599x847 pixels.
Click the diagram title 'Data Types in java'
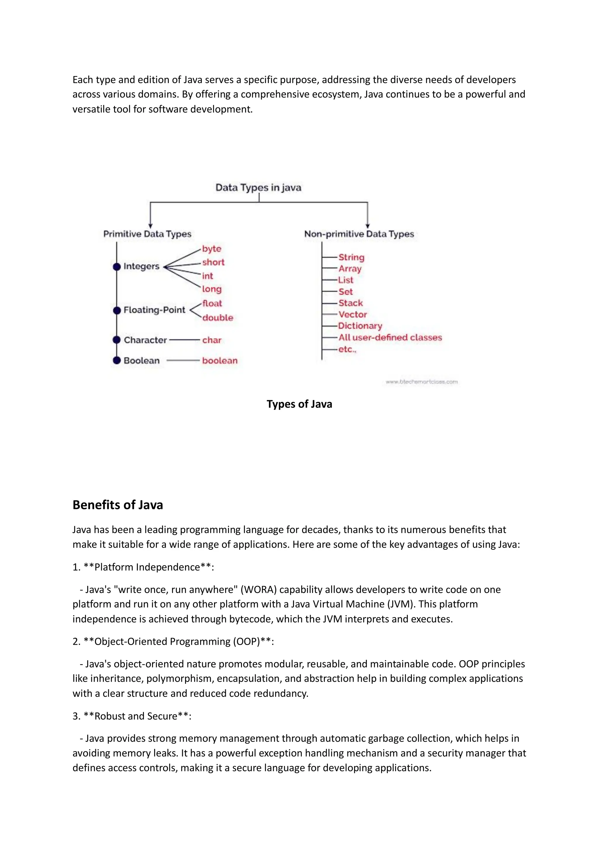[258, 187]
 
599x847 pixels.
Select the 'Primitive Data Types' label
[147, 234]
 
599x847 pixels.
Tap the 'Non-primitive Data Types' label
[359, 234]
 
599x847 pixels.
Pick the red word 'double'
[217, 318]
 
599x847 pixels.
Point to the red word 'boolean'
[220, 360]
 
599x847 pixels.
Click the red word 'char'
[211, 340]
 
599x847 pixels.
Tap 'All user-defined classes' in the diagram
[390, 338]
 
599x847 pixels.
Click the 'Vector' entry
[352, 314]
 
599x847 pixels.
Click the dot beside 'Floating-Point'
[117, 310]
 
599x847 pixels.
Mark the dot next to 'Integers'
[117, 267]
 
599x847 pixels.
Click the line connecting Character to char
[184, 340]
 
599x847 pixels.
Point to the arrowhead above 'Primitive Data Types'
[150, 226]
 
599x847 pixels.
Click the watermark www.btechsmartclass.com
[421, 382]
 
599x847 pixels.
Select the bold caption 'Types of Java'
[299, 404]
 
